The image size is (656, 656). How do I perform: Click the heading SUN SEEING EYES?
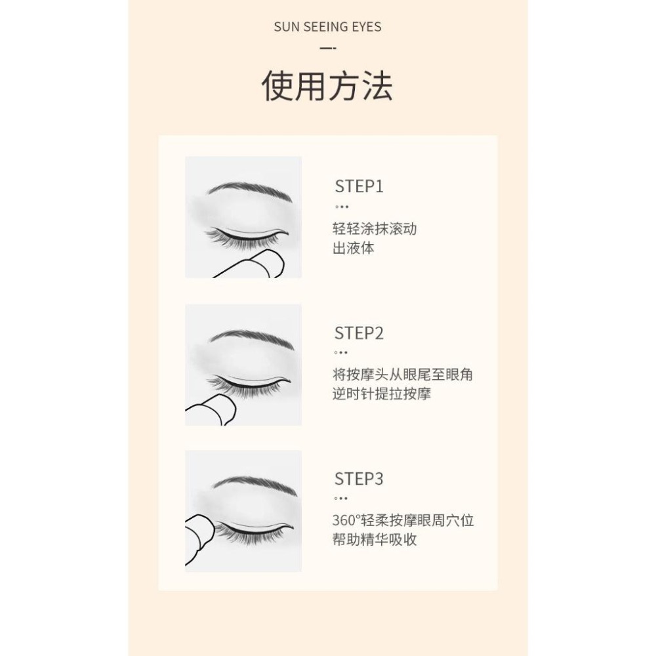tap(327, 27)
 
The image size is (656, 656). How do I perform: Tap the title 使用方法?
tap(327, 87)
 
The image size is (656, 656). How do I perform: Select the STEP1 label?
tap(359, 186)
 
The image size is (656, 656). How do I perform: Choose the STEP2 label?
tap(359, 333)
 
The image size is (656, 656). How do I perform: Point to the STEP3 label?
tap(359, 480)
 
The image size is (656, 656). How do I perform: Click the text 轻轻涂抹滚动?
tap(375, 229)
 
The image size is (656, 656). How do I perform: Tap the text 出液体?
tap(354, 249)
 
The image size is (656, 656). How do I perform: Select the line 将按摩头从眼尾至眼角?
tap(403, 375)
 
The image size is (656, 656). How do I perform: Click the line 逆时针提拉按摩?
tap(382, 395)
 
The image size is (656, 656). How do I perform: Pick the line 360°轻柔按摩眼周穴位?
tap(403, 522)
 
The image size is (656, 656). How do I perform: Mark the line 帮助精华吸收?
tap(375, 541)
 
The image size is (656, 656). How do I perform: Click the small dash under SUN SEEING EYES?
tap(327, 48)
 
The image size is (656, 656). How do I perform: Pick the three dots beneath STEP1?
tap(342, 207)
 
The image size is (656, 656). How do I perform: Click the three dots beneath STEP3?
tap(342, 499)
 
